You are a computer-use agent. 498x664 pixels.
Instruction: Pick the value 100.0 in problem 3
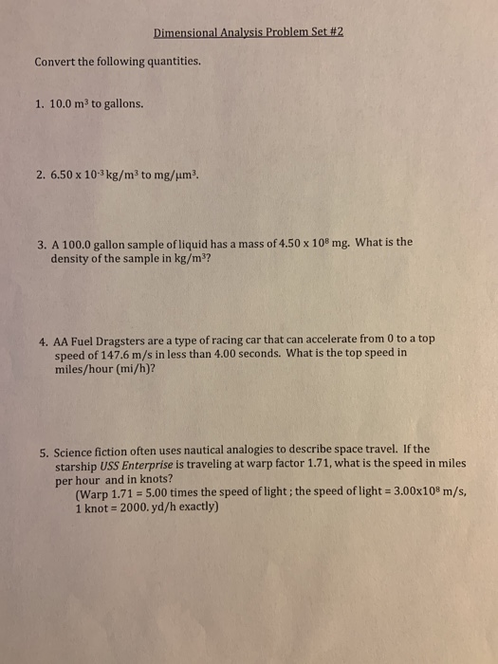82,243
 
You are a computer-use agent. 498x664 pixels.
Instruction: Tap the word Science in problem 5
77,451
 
